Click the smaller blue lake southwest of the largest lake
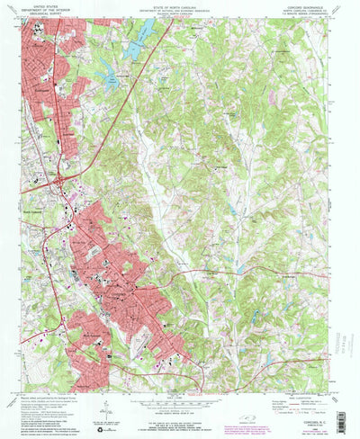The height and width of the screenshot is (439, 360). click(111, 78)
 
